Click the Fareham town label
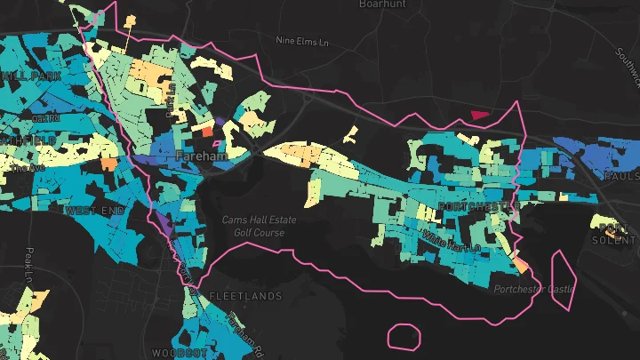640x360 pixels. [x=202, y=155]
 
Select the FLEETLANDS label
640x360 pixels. [x=245, y=295]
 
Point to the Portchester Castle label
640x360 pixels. [x=534, y=289]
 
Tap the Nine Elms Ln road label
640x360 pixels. [x=304, y=40]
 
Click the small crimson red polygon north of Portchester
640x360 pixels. [x=480, y=114]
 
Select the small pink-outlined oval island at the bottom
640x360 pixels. [x=404, y=336]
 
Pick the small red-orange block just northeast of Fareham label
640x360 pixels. [x=208, y=131]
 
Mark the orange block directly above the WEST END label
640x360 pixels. [x=108, y=164]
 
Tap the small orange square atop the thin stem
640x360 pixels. [x=132, y=20]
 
